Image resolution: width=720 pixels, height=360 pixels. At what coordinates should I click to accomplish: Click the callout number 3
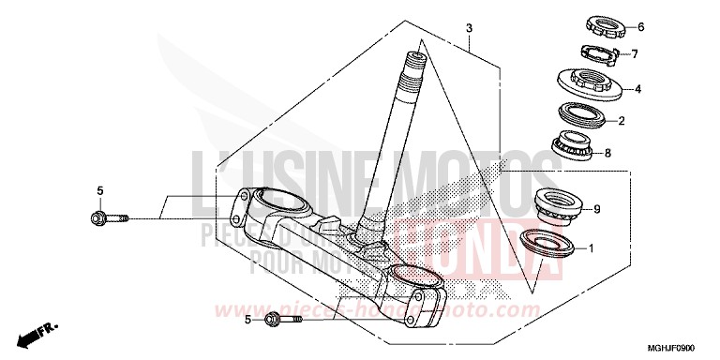point(469,29)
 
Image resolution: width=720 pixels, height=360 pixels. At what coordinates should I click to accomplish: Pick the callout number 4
point(637,89)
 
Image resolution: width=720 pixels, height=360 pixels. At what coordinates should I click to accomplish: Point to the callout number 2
point(620,121)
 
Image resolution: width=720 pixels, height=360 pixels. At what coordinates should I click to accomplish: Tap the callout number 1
point(592,249)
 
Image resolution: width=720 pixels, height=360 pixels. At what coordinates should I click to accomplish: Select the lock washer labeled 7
point(597,52)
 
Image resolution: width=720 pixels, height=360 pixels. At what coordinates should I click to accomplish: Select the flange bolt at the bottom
point(282,320)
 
